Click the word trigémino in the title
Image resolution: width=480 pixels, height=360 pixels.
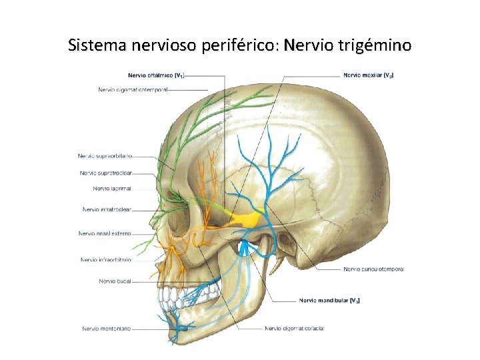376,46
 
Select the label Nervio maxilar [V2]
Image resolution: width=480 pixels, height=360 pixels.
368,75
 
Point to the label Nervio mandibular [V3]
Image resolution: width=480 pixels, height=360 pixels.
329,301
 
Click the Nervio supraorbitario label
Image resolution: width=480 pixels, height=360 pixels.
105,156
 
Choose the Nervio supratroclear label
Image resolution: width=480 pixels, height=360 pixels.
105,173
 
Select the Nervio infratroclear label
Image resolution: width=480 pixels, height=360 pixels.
107,209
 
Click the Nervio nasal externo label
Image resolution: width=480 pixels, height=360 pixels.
105,233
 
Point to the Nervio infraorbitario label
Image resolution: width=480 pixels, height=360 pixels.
105,259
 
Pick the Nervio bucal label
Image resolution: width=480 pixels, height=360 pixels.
115,281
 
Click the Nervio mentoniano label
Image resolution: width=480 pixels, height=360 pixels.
107,328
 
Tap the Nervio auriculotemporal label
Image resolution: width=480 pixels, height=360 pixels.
374,269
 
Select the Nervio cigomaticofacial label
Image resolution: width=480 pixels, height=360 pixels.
294,328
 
